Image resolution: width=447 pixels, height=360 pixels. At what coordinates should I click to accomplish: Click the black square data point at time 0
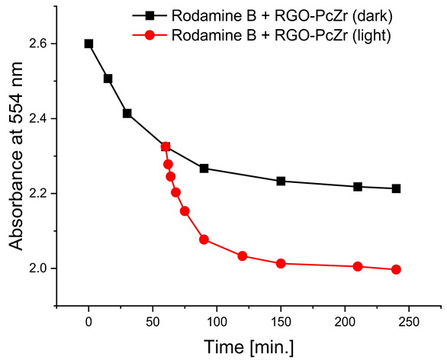click(x=88, y=43)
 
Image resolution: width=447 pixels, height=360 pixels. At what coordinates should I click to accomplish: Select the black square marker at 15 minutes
click(x=108, y=79)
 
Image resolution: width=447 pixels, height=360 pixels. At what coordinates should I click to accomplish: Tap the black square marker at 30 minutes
click(x=127, y=113)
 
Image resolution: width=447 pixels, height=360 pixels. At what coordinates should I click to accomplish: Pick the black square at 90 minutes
click(x=204, y=168)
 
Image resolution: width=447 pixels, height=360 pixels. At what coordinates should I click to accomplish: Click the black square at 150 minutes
click(x=281, y=181)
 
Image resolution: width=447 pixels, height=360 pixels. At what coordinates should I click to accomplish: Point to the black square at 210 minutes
click(x=358, y=186)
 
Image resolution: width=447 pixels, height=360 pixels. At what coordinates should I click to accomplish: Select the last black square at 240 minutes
click(x=396, y=188)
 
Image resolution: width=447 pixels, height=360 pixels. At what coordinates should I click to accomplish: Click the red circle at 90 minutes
click(x=204, y=239)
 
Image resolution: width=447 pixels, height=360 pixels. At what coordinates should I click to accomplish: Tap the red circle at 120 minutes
click(x=243, y=256)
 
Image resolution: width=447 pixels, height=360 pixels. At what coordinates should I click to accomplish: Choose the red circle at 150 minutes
click(x=281, y=263)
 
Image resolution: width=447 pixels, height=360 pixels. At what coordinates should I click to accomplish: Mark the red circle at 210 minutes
click(x=358, y=266)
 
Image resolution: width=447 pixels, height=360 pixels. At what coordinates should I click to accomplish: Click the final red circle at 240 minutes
click(x=396, y=269)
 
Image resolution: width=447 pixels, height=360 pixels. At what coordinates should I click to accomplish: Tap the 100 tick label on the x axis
click(x=217, y=322)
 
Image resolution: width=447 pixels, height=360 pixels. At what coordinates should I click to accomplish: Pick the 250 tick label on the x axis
click(x=409, y=322)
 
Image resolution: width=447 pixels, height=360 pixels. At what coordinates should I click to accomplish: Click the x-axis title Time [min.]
click(x=247, y=346)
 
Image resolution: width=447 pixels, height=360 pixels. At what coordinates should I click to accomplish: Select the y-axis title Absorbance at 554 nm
click(x=14, y=167)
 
